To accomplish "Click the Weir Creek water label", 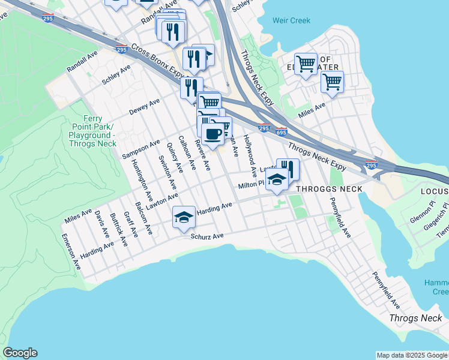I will tap(291, 20).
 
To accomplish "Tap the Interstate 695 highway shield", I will tap(282, 131).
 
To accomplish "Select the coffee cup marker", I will tap(212, 133).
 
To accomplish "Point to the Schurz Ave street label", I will tap(207, 236).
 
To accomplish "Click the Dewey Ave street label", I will tap(145, 107).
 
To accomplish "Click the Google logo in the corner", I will tap(20, 353).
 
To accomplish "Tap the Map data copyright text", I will tap(412, 355).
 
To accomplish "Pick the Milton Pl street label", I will tap(251, 185).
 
